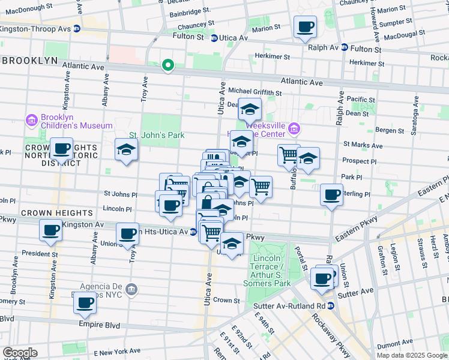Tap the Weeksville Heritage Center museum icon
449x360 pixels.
(294, 128)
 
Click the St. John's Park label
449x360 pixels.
(157, 135)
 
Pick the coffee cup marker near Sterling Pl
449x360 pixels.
(331, 194)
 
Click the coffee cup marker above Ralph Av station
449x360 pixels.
(306, 26)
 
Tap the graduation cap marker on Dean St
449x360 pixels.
(250, 109)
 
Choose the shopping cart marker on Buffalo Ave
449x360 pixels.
(289, 154)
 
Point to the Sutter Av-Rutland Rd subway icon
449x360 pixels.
(331, 305)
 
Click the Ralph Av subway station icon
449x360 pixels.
(344, 47)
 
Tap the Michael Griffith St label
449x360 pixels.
(255, 92)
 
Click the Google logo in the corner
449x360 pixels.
(19, 353)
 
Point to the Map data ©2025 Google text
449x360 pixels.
(412, 355)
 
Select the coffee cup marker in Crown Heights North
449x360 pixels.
(61, 148)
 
